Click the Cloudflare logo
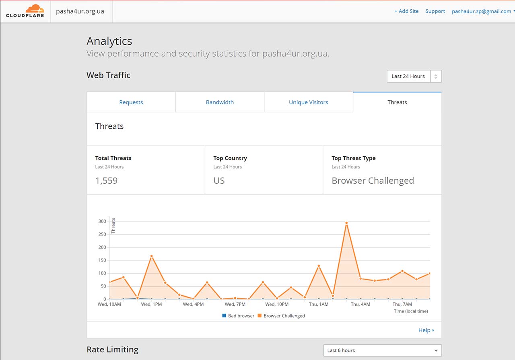click(x=25, y=11)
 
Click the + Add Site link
click(x=406, y=11)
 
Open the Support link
click(x=435, y=11)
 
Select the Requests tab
click(x=131, y=102)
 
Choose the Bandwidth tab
click(x=220, y=102)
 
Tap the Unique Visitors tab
click(x=309, y=102)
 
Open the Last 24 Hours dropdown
click(x=414, y=76)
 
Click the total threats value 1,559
click(x=107, y=181)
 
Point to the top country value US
click(x=219, y=181)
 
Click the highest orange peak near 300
click(x=346, y=223)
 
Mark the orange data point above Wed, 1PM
click(x=152, y=256)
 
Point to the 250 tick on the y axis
click(x=102, y=234)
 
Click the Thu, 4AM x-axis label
click(x=360, y=304)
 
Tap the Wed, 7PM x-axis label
click(x=235, y=304)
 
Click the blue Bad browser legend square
click(x=224, y=316)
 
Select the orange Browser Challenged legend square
click(x=260, y=316)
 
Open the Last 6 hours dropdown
click(x=382, y=350)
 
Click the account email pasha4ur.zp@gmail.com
click(x=482, y=12)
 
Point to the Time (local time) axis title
click(x=411, y=311)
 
